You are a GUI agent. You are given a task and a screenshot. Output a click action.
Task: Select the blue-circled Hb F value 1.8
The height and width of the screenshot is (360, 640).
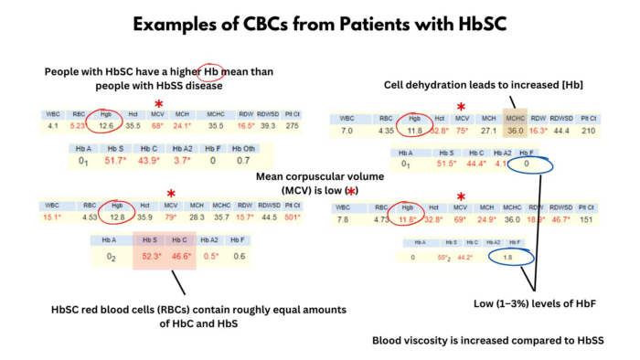[x=514, y=259]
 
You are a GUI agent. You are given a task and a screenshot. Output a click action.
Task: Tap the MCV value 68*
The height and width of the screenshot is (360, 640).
[x=157, y=126]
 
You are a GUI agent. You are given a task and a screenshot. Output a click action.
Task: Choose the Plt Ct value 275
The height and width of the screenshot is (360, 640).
[x=292, y=126]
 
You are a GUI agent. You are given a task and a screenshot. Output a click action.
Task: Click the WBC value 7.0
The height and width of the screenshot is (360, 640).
[x=347, y=131]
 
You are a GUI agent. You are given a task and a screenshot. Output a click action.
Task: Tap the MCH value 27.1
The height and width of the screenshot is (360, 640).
[x=487, y=131]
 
